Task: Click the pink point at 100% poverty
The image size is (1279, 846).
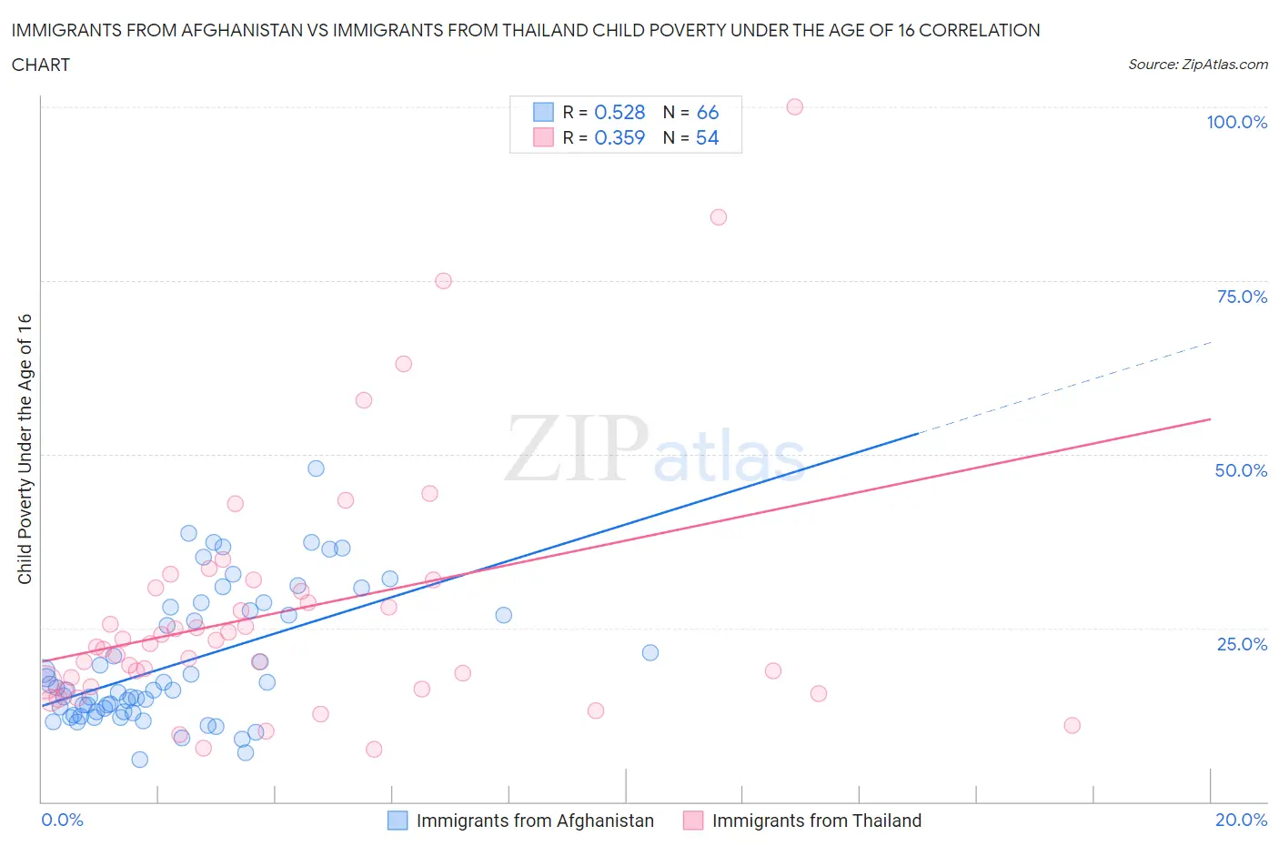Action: [794, 106]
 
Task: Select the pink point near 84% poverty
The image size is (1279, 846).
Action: [718, 217]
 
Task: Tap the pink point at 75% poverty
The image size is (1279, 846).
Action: [443, 280]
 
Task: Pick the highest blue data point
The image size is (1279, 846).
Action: [316, 468]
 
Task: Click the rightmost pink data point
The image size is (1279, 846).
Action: [1072, 725]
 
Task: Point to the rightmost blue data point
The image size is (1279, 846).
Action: [650, 652]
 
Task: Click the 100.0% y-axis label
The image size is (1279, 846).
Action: [1236, 122]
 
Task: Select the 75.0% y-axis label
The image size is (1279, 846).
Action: [1242, 297]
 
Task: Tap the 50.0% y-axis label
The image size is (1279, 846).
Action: [1241, 470]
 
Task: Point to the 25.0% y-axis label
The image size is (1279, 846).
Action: [1242, 644]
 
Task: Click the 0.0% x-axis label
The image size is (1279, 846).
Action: [62, 820]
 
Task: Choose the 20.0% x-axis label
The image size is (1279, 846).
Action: [1241, 820]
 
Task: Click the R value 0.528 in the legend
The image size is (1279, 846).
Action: [619, 112]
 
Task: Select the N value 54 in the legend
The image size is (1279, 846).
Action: [707, 137]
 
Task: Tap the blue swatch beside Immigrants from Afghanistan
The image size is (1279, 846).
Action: [398, 821]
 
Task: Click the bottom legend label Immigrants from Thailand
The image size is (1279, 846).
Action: [816, 821]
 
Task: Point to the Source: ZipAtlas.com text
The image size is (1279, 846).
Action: [1197, 64]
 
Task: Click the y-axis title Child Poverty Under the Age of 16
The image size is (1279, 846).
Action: [25, 448]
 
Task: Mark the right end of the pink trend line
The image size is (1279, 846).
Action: [1210, 419]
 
